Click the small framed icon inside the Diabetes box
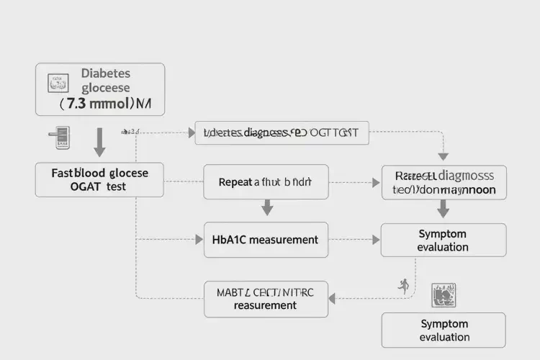coord(55,83)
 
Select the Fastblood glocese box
coord(99,179)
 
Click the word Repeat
coord(235,182)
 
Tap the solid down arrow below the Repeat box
coord(267,207)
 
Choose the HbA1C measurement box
coord(266,240)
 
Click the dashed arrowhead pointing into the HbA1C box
coord(199,239)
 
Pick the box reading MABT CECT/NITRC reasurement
coord(266,299)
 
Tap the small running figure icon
coord(403,285)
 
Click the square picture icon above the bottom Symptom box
coord(441,295)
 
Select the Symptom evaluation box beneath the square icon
coord(444,330)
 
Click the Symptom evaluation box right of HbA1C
coord(443,240)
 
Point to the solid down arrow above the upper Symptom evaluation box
coord(444,209)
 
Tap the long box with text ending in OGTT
coord(282,133)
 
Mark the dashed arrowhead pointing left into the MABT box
coord(334,298)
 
